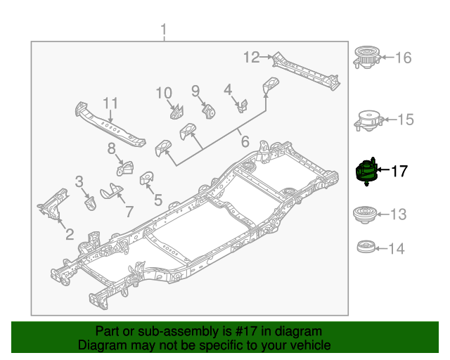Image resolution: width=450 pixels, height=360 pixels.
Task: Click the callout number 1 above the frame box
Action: click(x=164, y=30)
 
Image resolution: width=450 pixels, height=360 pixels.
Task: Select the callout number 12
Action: click(x=252, y=58)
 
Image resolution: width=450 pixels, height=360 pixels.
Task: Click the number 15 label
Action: click(x=406, y=120)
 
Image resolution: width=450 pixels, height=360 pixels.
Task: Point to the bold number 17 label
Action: click(x=399, y=171)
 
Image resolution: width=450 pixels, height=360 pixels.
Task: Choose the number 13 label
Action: click(x=398, y=214)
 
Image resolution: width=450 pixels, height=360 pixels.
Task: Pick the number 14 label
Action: click(x=397, y=248)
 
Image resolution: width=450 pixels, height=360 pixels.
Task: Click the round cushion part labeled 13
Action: click(x=365, y=213)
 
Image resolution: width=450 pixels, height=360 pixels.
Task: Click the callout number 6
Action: click(x=244, y=142)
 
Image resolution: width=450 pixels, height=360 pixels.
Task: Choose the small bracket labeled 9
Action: click(x=208, y=110)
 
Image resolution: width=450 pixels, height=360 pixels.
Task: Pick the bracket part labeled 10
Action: click(x=176, y=112)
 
